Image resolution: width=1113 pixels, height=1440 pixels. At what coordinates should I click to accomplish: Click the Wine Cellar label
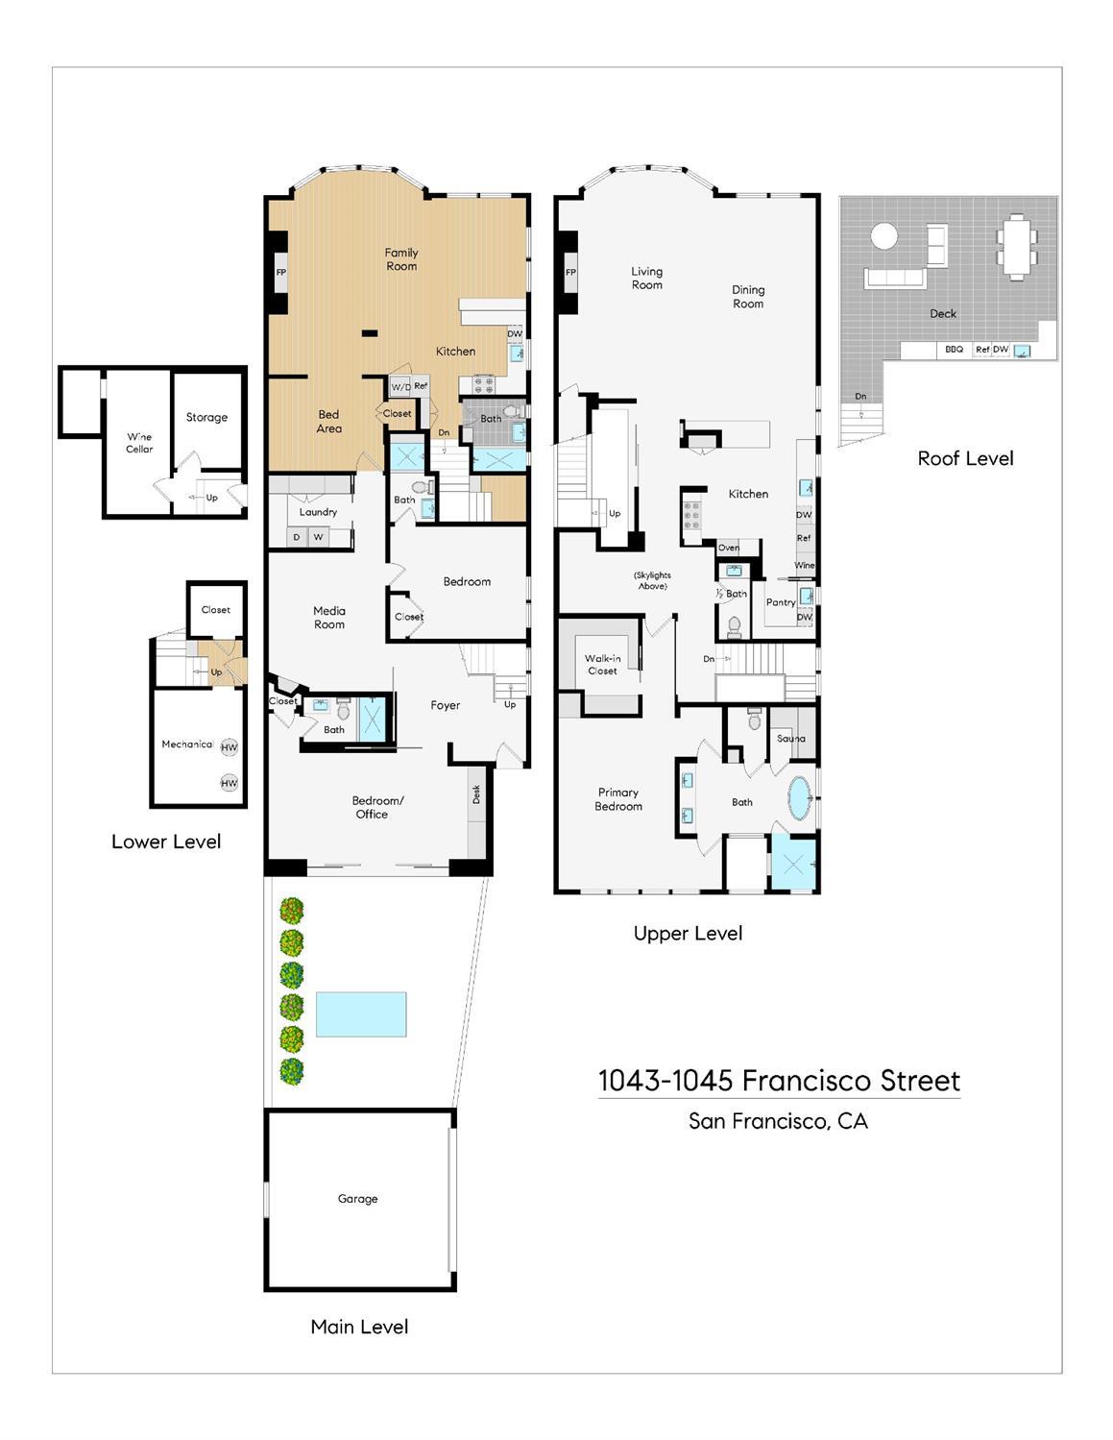139,443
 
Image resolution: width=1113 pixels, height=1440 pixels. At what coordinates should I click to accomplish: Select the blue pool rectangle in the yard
361,1014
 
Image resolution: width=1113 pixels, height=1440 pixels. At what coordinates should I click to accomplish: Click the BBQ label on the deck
954,350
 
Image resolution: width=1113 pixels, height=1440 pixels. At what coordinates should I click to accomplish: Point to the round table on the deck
883,236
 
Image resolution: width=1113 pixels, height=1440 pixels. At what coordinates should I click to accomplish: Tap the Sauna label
791,738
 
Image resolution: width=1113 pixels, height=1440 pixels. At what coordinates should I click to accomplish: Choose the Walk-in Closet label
602,665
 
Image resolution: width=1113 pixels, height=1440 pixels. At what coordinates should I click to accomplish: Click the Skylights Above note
653,580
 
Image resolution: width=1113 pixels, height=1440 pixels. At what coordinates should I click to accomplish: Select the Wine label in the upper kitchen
805,565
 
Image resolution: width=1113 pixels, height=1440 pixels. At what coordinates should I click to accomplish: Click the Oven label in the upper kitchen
729,548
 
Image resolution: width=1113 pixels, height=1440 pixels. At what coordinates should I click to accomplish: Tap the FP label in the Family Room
281,273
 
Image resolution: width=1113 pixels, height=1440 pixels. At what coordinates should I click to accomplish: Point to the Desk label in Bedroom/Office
476,794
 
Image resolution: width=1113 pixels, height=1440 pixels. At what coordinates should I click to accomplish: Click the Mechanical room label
187,744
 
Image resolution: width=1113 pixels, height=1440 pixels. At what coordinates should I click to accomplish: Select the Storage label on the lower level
206,418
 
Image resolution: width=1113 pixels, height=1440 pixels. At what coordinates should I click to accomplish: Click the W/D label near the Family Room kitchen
400,388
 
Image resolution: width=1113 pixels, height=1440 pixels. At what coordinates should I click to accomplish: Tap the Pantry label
781,602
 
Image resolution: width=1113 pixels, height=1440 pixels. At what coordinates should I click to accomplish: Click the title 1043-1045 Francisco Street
779,1081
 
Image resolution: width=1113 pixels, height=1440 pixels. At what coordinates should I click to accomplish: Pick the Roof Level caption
965,458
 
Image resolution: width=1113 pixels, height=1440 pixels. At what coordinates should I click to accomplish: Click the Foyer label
446,706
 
